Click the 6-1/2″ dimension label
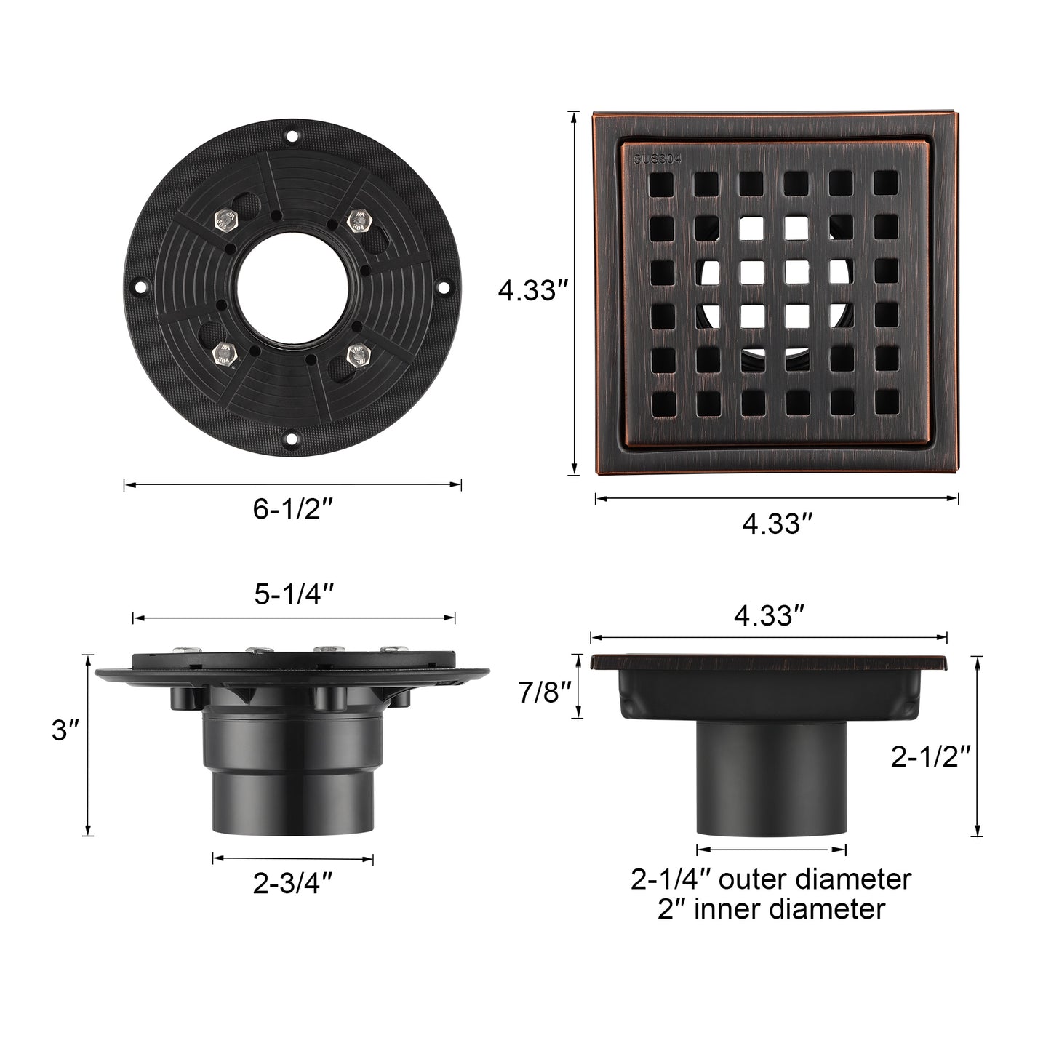pos(292,509)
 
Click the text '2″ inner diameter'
pos(771,909)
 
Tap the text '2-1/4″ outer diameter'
pos(771,879)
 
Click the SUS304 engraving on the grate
pos(657,160)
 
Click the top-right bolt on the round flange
pos(357,218)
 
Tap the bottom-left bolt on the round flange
pos(221,354)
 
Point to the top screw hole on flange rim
pos(292,135)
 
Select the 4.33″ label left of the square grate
pos(532,292)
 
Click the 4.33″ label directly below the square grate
pos(777,523)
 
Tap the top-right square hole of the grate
pos(885,183)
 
